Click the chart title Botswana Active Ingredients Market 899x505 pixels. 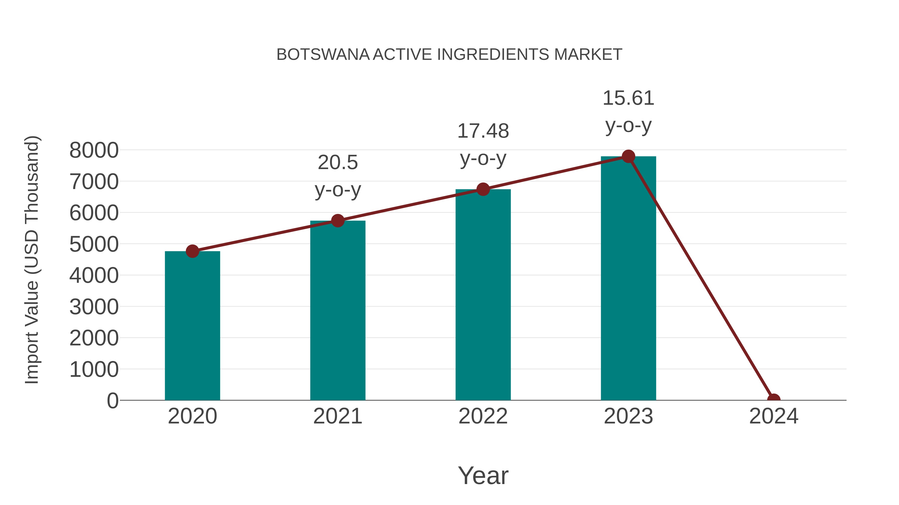449,55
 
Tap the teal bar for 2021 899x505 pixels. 337,310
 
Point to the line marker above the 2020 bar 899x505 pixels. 192,251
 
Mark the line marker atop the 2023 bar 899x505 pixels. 628,156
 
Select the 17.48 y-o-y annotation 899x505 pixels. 483,145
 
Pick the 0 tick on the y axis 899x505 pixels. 113,401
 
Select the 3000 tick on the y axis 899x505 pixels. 94,307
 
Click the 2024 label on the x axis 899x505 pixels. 773,416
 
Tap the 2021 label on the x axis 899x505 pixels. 337,416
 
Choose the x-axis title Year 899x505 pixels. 483,475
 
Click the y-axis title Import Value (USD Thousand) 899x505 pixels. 31,260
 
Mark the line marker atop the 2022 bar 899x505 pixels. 483,189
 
